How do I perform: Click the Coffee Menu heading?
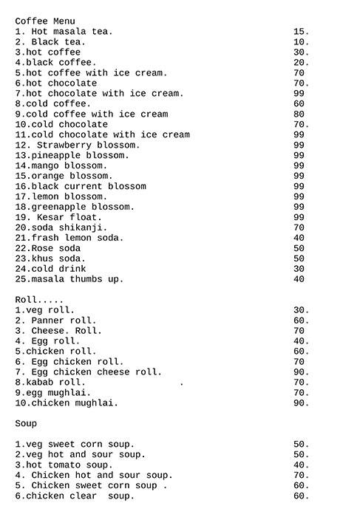(44, 21)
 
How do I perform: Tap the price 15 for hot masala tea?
(301, 32)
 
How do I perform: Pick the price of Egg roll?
(301, 341)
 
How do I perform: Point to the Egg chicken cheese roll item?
(88, 372)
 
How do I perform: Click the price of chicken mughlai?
(301, 403)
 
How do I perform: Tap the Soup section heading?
(26, 424)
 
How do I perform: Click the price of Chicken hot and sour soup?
(301, 476)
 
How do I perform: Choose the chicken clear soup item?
(75, 496)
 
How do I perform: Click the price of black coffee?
(301, 63)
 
